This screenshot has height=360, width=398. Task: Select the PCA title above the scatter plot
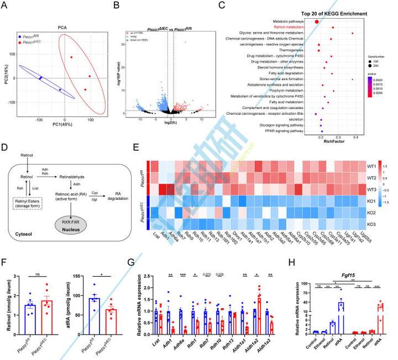pyautogui.click(x=64, y=26)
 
